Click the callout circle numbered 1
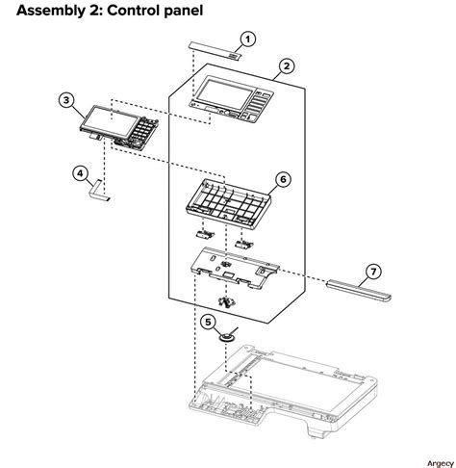[x=248, y=39]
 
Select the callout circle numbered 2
[x=286, y=68]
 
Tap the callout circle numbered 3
[x=65, y=99]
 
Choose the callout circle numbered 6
[x=282, y=179]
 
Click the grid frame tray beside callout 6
[x=222, y=200]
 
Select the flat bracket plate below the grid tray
[x=235, y=269]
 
